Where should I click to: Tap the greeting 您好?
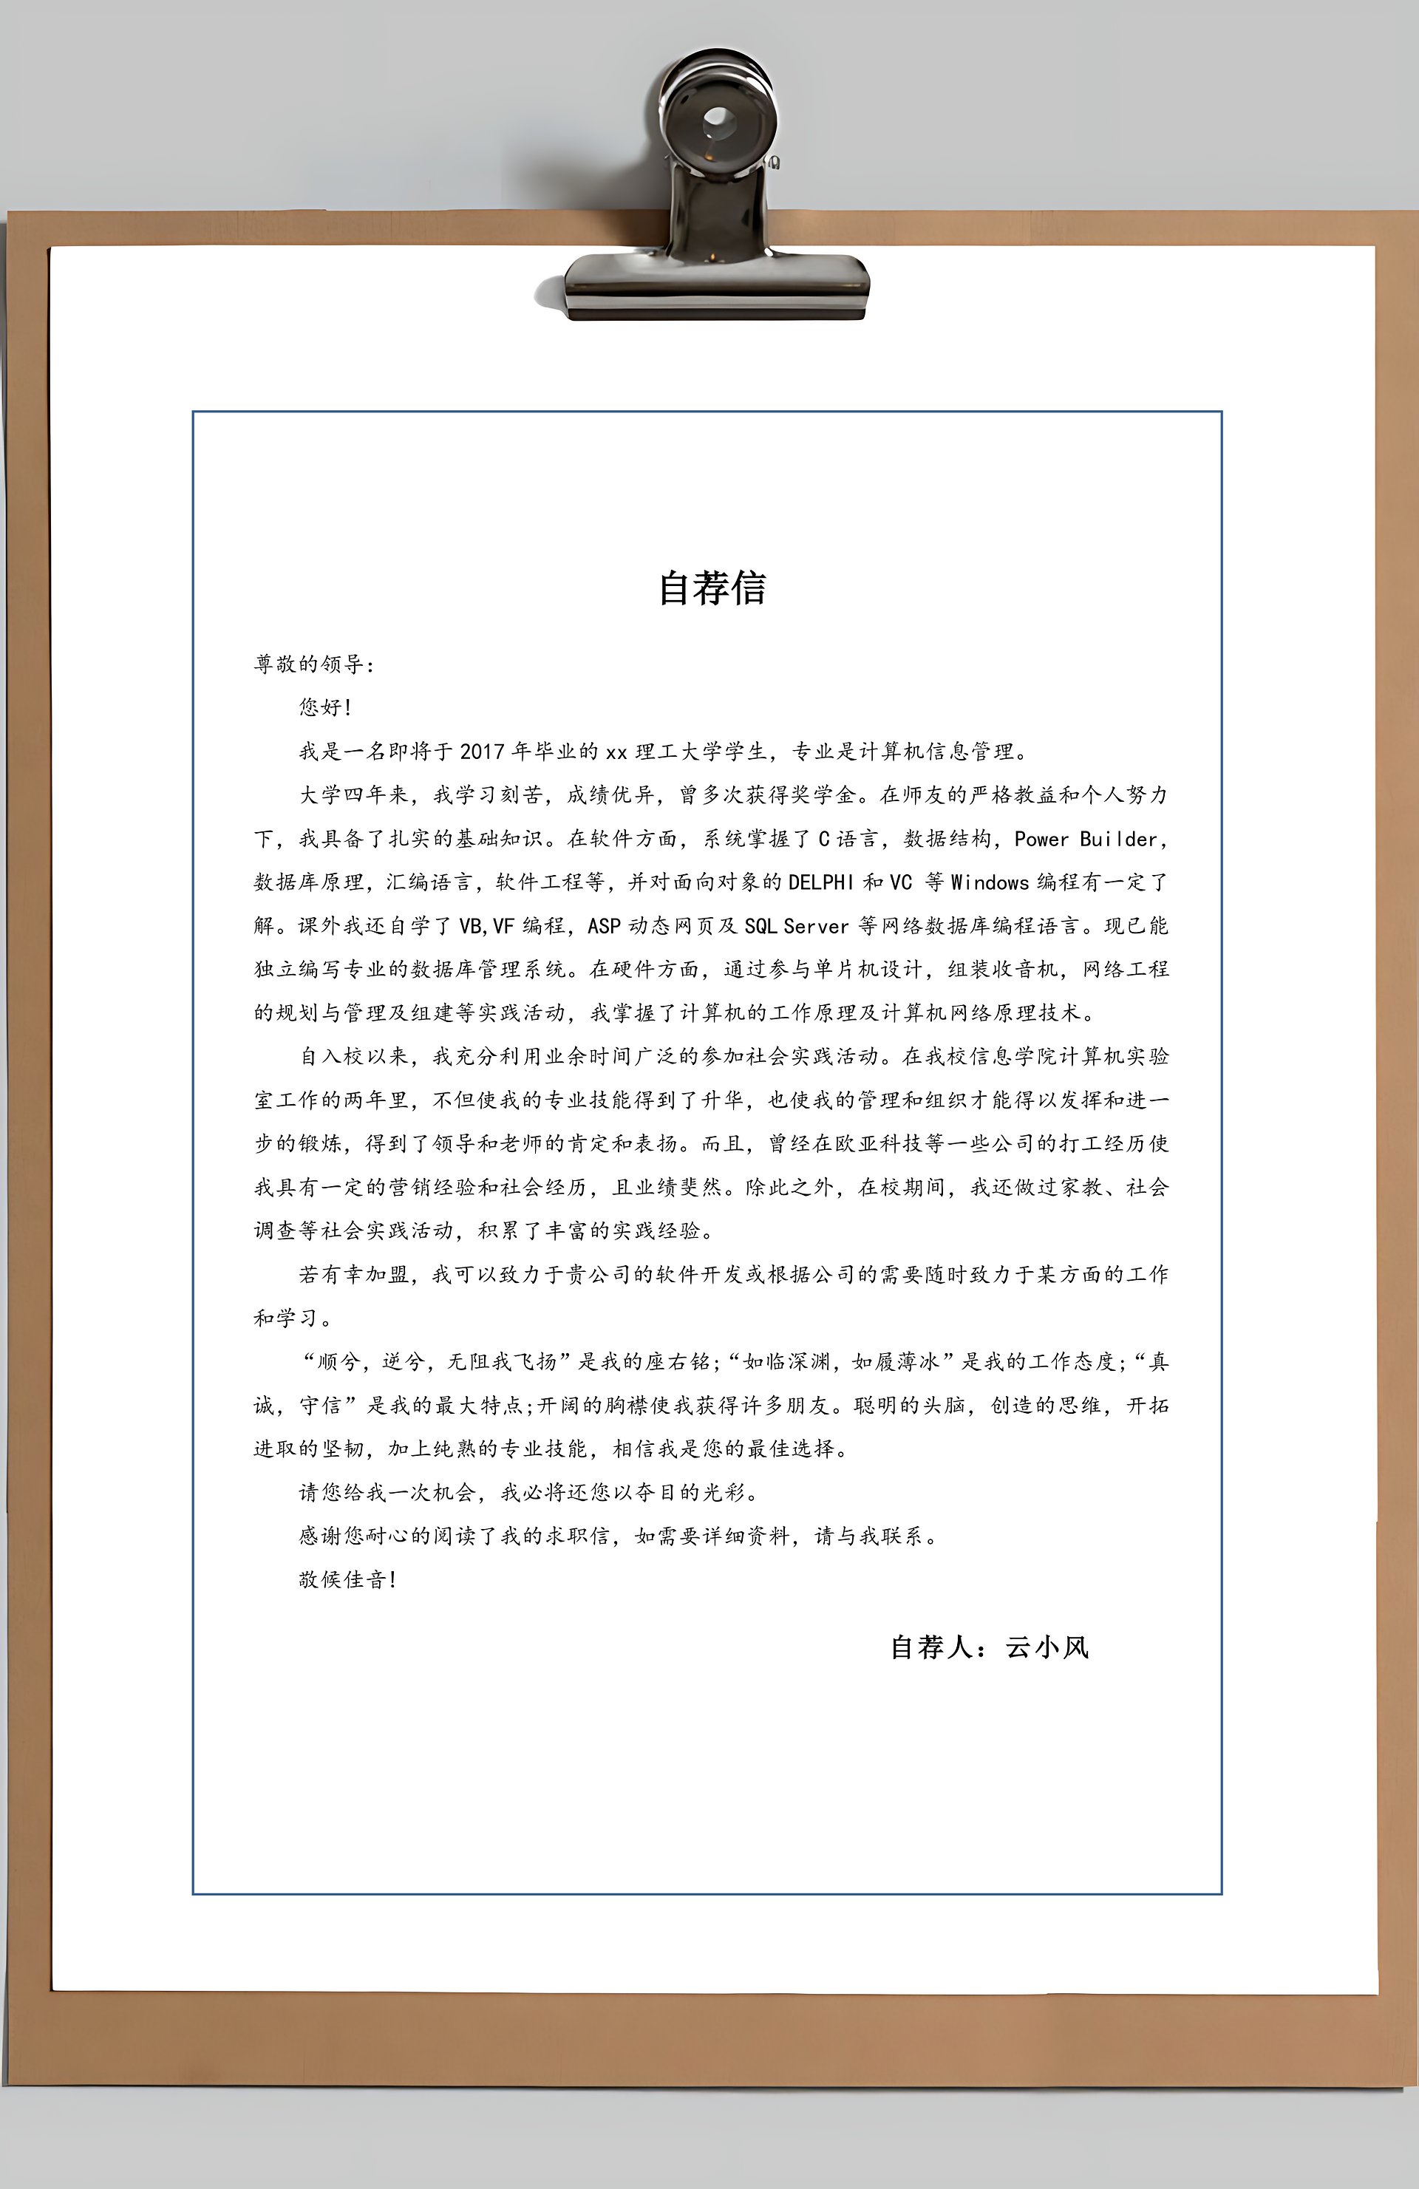coord(324,707)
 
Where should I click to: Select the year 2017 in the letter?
coord(483,752)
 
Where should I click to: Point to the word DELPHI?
coord(821,882)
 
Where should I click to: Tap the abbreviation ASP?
coord(605,926)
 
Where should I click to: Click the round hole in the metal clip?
coord(718,120)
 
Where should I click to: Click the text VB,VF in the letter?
coord(486,926)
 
